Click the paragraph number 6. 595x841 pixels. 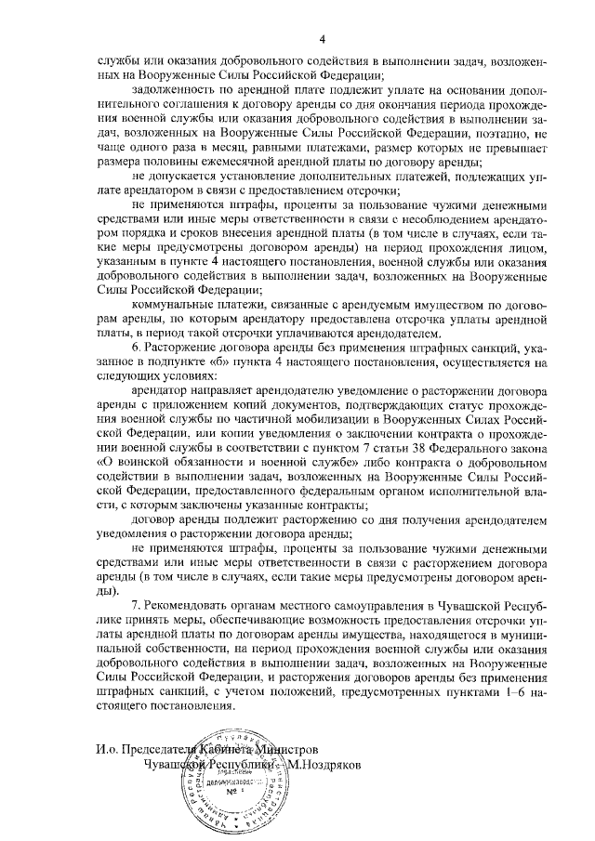(x=136, y=348)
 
